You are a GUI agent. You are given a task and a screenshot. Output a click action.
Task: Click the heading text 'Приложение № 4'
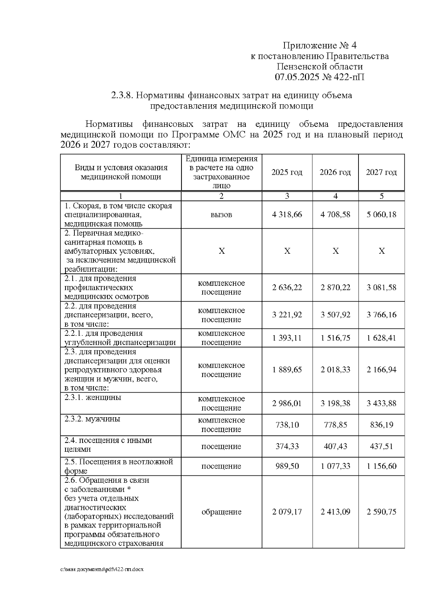[x=320, y=45]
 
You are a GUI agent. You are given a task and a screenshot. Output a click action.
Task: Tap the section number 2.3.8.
[x=122, y=95]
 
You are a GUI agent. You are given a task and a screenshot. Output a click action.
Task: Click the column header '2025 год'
[x=287, y=172]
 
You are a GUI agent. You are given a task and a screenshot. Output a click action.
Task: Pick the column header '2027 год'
[x=381, y=172]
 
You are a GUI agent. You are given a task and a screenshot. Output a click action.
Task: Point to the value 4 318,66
[x=287, y=215]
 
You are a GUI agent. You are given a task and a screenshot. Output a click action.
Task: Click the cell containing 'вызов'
[x=221, y=215]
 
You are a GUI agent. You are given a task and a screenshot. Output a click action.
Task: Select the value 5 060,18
[x=381, y=215]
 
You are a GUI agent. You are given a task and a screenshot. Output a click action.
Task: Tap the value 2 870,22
[x=335, y=288]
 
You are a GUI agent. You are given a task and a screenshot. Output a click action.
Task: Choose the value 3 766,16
[x=381, y=315]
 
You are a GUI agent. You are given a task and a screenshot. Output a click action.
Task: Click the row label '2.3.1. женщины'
[x=93, y=397]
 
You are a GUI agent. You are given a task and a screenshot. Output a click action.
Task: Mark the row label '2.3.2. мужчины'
[x=92, y=419]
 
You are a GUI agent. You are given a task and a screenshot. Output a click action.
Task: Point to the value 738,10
[x=287, y=425]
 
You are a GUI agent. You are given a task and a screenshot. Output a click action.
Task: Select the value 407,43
[x=335, y=446]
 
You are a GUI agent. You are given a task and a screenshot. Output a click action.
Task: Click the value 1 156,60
[x=381, y=466]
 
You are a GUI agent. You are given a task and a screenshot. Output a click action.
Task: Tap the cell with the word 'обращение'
[x=221, y=512]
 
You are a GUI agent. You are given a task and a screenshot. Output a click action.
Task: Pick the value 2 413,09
[x=335, y=512]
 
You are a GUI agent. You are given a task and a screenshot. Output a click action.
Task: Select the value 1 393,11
[x=287, y=338]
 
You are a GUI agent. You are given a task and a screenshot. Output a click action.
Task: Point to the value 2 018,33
[x=335, y=370]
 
